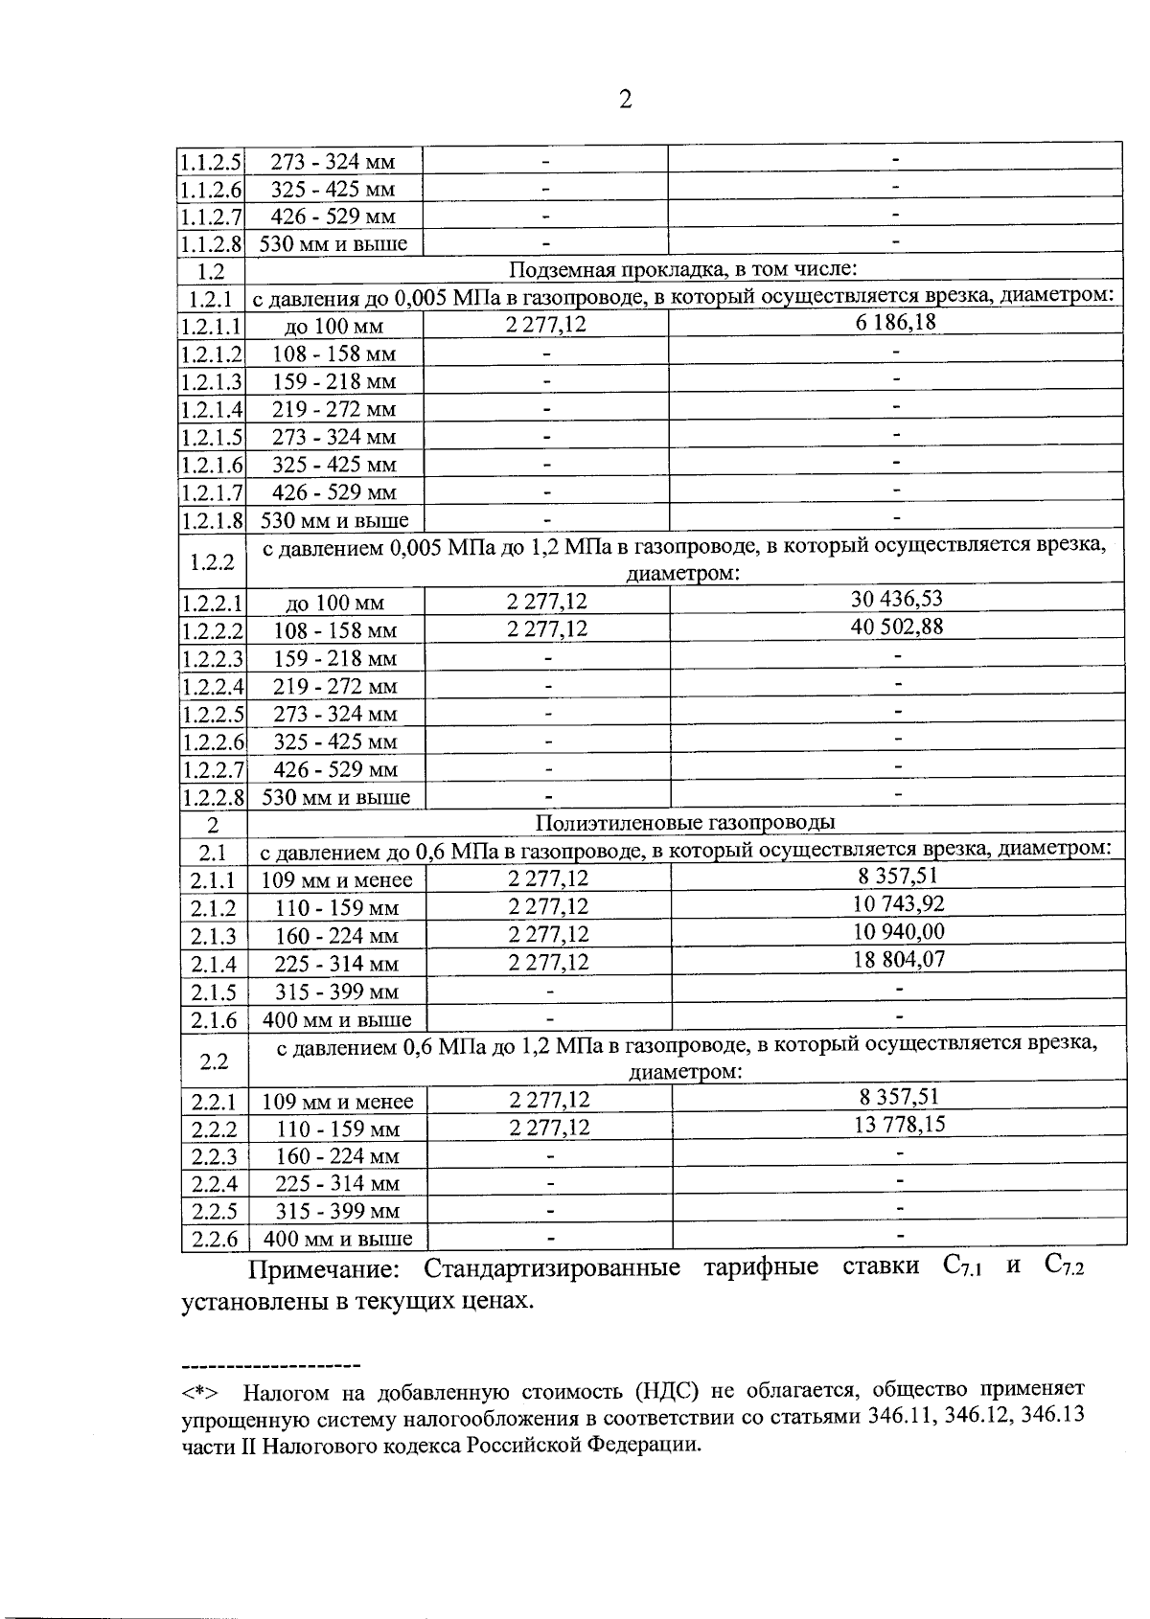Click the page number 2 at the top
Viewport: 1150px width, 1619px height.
[x=625, y=100]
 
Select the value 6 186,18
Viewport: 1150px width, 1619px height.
[x=896, y=322]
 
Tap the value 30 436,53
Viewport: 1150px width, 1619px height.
[x=897, y=599]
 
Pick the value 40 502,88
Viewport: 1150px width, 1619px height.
[x=897, y=627]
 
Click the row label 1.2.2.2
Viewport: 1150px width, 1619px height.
[x=213, y=631]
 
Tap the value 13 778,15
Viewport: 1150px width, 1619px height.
[x=899, y=1125]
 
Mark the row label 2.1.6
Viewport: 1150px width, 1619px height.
[x=214, y=1020]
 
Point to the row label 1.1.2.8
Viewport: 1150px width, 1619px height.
[x=212, y=244]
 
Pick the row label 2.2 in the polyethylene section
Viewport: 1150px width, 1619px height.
[x=215, y=1060]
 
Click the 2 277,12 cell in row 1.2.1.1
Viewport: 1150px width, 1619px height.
[x=546, y=325]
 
